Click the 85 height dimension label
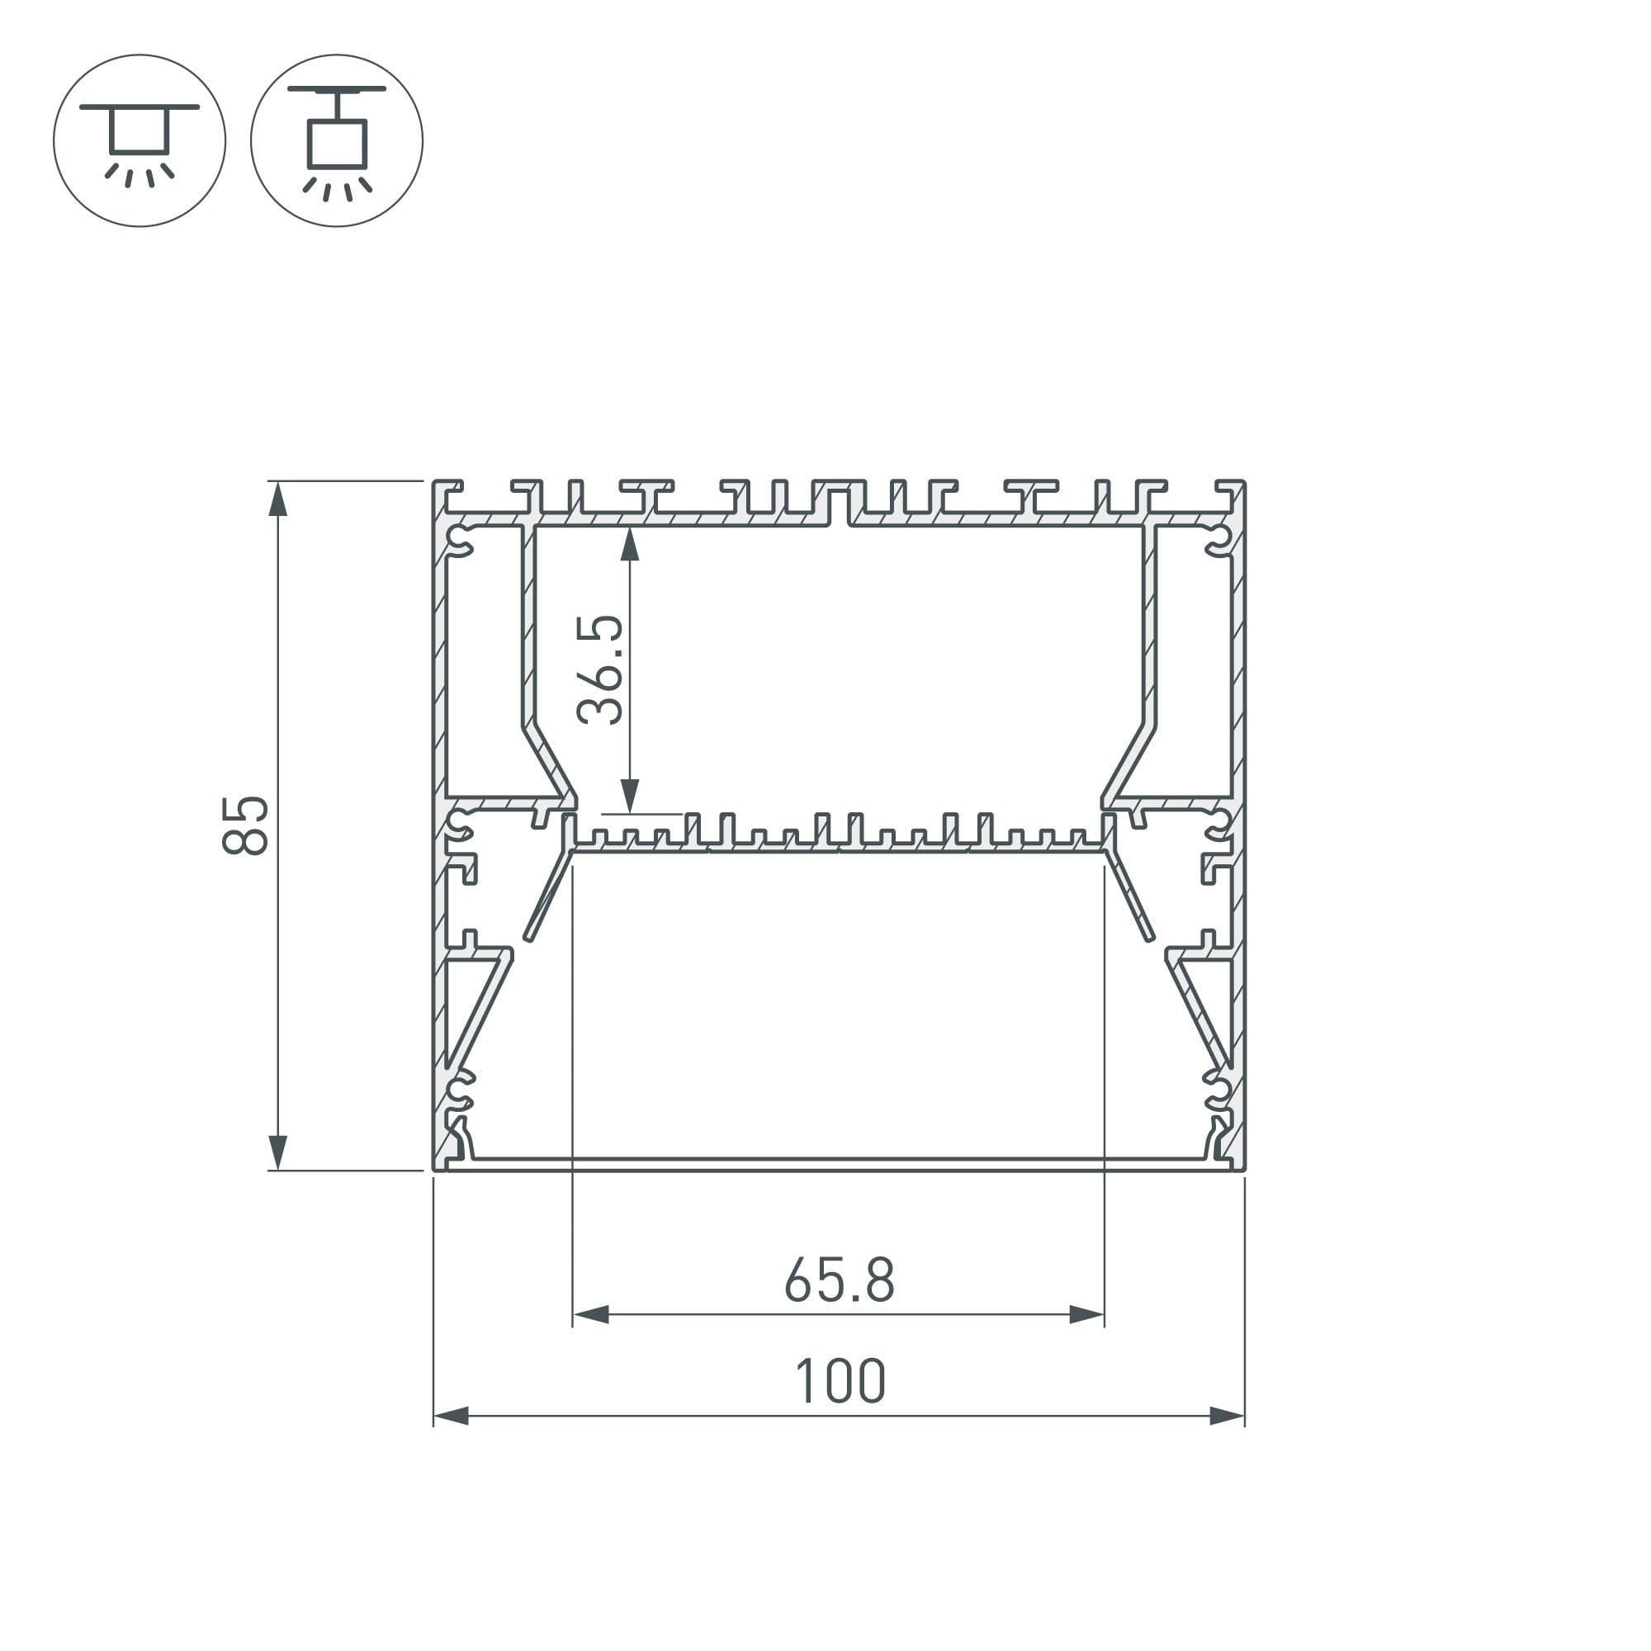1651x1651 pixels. click(x=245, y=825)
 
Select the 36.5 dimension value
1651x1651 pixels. click(x=601, y=670)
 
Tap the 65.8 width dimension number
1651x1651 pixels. click(x=840, y=1280)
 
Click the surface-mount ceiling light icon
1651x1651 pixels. click(x=140, y=140)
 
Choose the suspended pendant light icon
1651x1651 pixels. click(x=337, y=140)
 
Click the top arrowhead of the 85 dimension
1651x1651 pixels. click(x=277, y=499)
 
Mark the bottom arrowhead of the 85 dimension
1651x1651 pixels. click(x=277, y=1152)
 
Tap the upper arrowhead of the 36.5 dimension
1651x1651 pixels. click(x=630, y=543)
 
